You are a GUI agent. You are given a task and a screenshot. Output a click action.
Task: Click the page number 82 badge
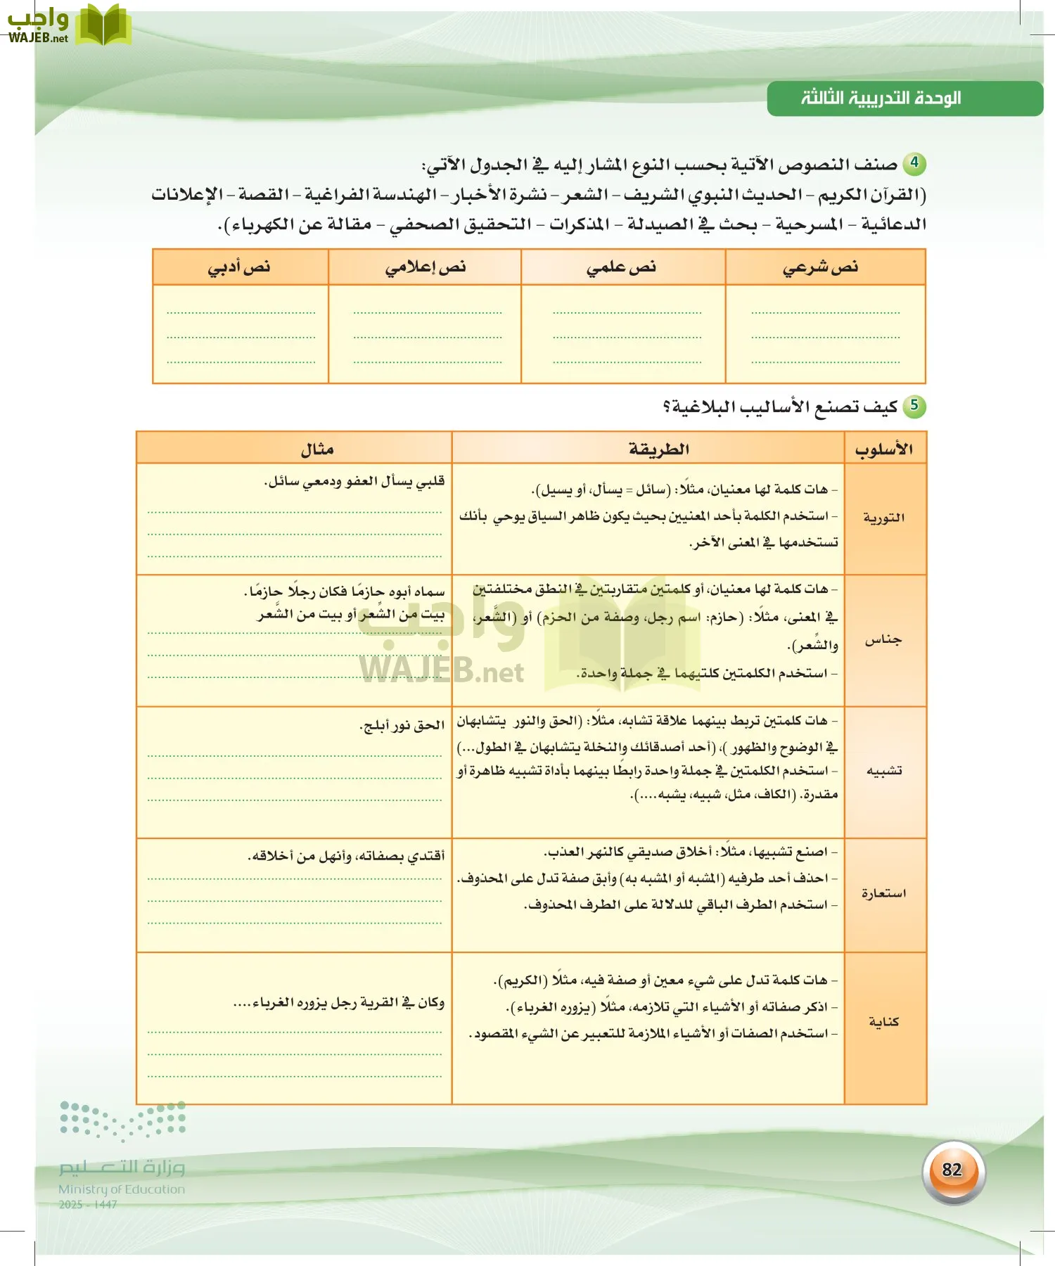[x=952, y=1170]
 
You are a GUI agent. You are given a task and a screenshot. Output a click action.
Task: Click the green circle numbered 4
[x=914, y=163]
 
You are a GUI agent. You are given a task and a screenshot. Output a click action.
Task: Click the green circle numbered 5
[x=914, y=405]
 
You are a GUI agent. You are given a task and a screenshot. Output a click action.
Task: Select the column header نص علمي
[x=621, y=267]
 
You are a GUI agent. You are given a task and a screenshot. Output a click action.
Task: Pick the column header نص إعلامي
[x=425, y=267]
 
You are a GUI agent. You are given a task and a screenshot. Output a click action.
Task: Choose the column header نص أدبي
[x=239, y=267]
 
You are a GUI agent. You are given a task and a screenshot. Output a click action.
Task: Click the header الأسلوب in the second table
[x=884, y=449]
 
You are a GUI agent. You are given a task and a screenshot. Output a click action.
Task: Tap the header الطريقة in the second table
[x=658, y=449]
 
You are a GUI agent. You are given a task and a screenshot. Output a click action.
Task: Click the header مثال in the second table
[x=316, y=449]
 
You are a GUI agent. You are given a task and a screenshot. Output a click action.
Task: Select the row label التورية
[x=883, y=518]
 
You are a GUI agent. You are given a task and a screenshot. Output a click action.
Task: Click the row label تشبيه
[x=883, y=771]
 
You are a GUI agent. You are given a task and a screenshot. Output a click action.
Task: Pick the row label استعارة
[x=883, y=894]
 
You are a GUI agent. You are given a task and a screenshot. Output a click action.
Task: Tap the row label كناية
[x=883, y=1022]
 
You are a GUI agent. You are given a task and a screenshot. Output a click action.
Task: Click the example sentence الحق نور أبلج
[x=402, y=725]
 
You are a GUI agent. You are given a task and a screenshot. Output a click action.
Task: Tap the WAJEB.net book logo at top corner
[x=103, y=25]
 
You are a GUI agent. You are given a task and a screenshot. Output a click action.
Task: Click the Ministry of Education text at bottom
[x=122, y=1189]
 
